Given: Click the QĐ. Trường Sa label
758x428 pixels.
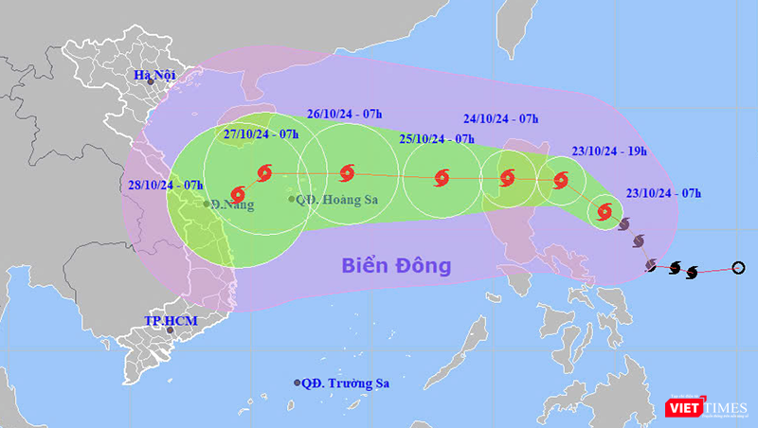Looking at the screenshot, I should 346,383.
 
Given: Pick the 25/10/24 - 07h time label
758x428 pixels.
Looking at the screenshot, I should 437,138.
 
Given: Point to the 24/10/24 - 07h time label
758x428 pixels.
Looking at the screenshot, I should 502,119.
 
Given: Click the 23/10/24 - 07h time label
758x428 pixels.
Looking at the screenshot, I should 663,193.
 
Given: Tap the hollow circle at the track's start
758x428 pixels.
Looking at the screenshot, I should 739,269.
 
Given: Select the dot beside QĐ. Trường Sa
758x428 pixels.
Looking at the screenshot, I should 298,383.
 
